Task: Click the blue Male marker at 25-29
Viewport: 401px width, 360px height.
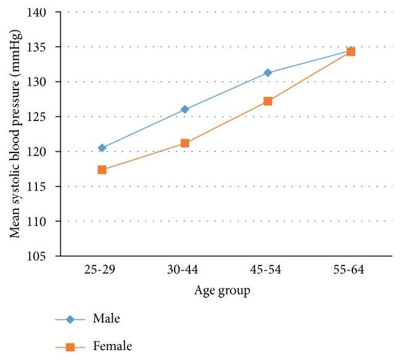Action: click(x=102, y=148)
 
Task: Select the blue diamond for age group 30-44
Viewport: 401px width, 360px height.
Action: click(x=184, y=109)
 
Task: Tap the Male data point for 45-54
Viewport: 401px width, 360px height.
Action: click(x=268, y=72)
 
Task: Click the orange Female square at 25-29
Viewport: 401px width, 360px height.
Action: click(x=102, y=169)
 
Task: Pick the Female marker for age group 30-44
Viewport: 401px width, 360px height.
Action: click(x=184, y=143)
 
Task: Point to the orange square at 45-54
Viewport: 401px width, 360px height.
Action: click(x=268, y=101)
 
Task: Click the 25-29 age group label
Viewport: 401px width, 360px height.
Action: click(x=102, y=270)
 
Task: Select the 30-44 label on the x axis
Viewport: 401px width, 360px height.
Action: click(x=184, y=270)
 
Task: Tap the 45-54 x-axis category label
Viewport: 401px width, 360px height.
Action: click(x=268, y=270)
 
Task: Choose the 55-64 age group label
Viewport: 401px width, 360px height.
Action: click(x=350, y=270)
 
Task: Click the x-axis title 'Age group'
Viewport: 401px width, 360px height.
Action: click(x=223, y=291)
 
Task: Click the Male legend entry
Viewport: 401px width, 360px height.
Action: click(x=105, y=319)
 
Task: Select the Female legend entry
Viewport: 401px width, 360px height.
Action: click(x=111, y=346)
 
